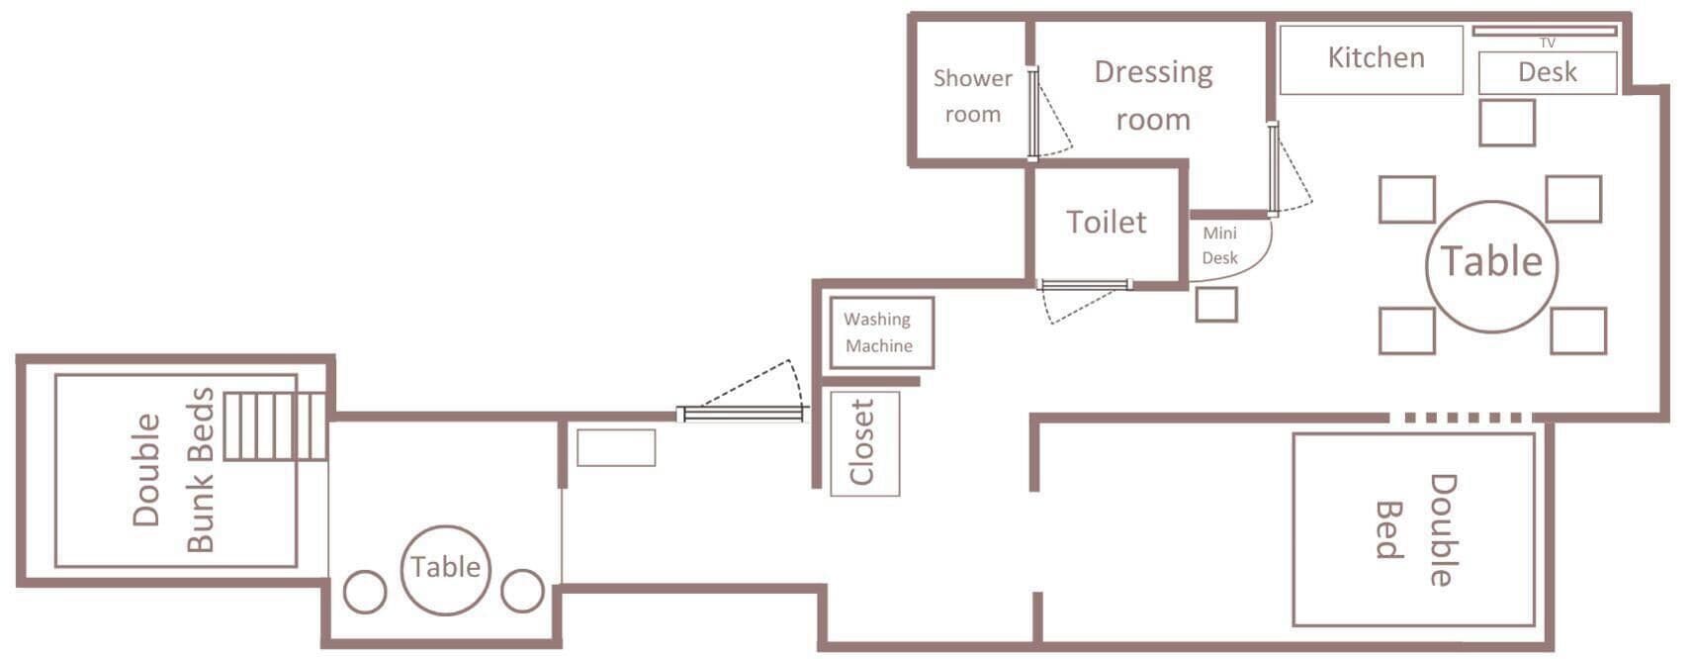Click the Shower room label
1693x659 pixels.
click(973, 96)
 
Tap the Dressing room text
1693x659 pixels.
click(1153, 96)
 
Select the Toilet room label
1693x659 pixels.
click(1106, 223)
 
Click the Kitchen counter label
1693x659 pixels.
click(1376, 57)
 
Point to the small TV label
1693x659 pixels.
click(1547, 44)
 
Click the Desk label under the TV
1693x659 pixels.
click(1547, 72)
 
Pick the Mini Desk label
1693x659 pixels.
click(1220, 245)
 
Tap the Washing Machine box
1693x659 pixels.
click(882, 332)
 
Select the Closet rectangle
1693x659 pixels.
click(864, 443)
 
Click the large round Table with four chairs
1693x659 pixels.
click(1491, 266)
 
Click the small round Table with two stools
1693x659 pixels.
click(445, 570)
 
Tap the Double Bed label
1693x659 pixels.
click(1416, 529)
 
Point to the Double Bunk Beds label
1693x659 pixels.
click(172, 470)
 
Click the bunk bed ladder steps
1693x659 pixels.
click(276, 425)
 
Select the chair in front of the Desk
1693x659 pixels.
click(1506, 123)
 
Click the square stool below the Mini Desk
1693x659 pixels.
click(1216, 304)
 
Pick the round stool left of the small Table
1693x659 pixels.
click(365, 592)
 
